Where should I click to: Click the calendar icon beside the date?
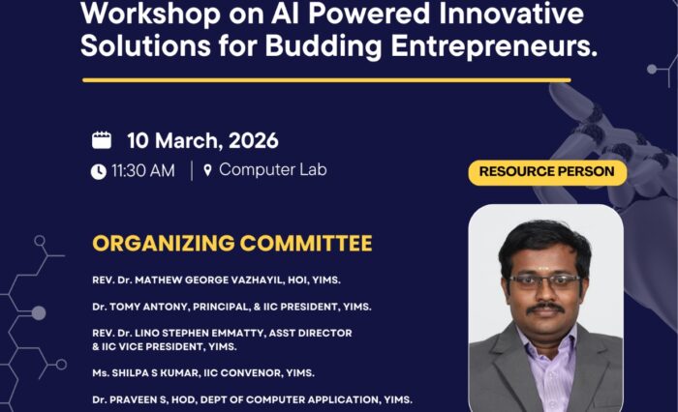point(102,140)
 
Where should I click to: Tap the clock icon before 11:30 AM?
point(99,171)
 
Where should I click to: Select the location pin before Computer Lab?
point(207,170)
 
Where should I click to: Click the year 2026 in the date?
point(254,141)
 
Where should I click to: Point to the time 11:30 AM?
point(143,171)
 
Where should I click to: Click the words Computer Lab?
point(273,169)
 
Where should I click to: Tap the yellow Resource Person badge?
point(547,172)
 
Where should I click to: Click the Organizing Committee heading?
point(232,243)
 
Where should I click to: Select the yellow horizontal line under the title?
point(326,80)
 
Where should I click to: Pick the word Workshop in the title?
point(150,14)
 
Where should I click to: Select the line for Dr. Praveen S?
point(252,399)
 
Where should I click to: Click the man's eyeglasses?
point(544,281)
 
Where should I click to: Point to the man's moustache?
point(545,309)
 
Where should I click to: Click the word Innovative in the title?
point(511,14)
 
